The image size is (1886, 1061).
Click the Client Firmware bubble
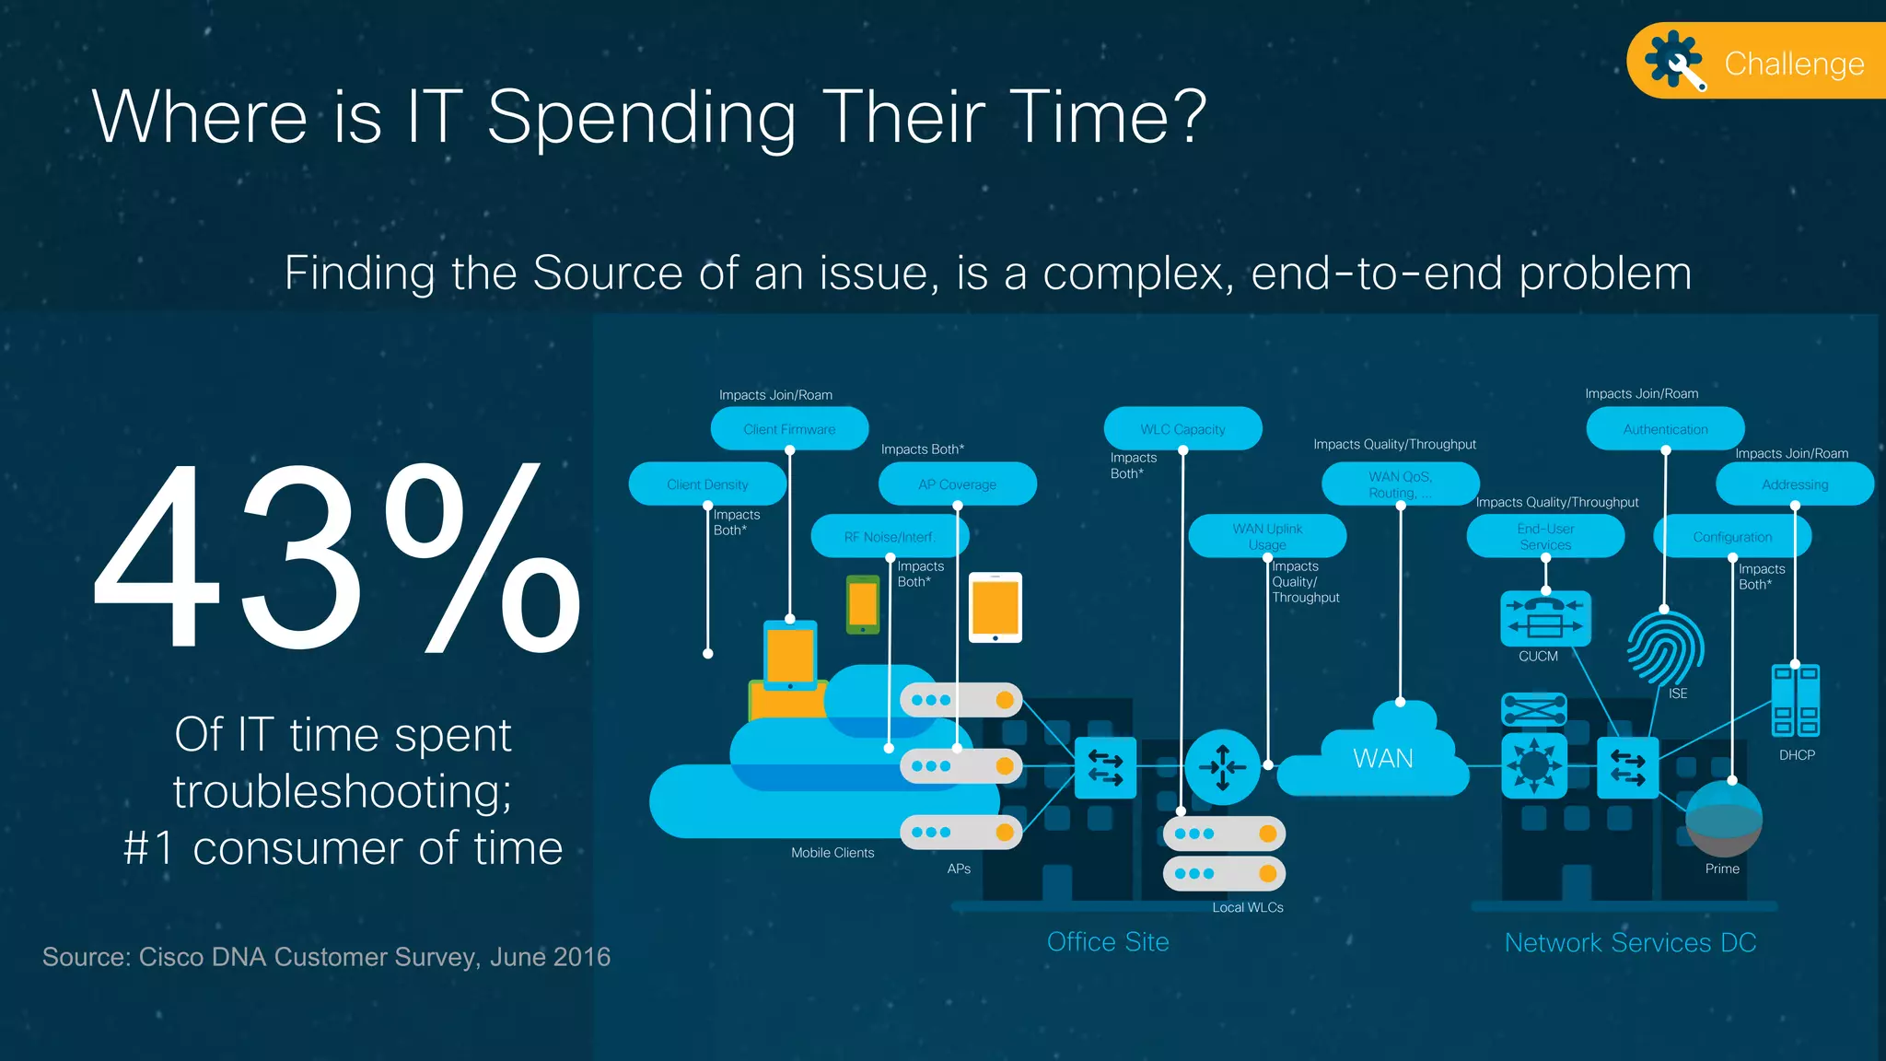[x=789, y=429]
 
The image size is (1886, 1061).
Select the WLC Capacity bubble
[x=1182, y=429]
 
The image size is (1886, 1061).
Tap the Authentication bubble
[x=1665, y=429]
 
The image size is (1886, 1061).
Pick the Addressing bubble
[x=1794, y=484]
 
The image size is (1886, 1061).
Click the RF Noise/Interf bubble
[x=888, y=537]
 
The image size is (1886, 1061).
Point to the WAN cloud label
[x=1382, y=758]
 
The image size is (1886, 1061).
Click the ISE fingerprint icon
[x=1665, y=649]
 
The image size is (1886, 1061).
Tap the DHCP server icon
[x=1795, y=701]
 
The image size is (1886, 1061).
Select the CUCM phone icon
[x=1545, y=618]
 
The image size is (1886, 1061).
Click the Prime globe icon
[x=1723, y=819]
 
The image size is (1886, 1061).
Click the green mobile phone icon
[x=863, y=605]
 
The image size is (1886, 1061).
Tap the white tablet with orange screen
[x=995, y=608]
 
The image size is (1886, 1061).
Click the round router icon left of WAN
[x=1222, y=766]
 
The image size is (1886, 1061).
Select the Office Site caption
[x=1108, y=942]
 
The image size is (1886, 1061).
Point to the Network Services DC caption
[x=1630, y=943]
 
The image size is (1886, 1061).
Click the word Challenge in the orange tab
[x=1793, y=64]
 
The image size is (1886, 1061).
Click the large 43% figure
[x=337, y=559]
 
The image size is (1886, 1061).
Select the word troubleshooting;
[x=342, y=792]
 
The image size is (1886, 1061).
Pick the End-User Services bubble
[x=1545, y=536]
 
